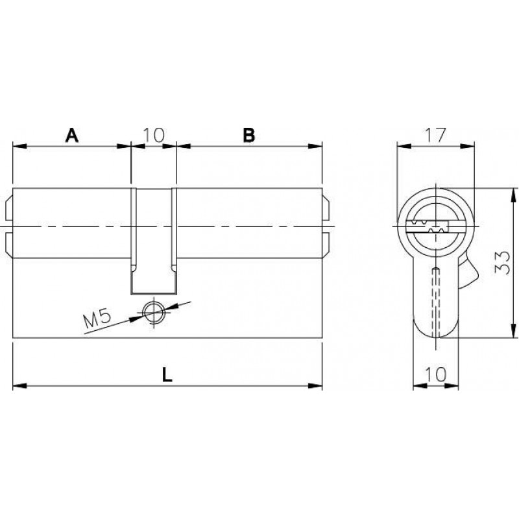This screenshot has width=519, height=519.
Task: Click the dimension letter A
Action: point(72,135)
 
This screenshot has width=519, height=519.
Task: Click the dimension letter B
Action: point(249,135)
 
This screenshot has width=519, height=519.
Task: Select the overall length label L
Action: point(167,375)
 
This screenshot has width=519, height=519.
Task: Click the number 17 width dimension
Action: point(436,135)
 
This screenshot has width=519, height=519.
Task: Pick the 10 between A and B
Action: point(154,135)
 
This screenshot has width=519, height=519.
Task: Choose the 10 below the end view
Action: point(436,375)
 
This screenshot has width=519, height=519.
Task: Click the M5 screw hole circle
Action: point(153,312)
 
